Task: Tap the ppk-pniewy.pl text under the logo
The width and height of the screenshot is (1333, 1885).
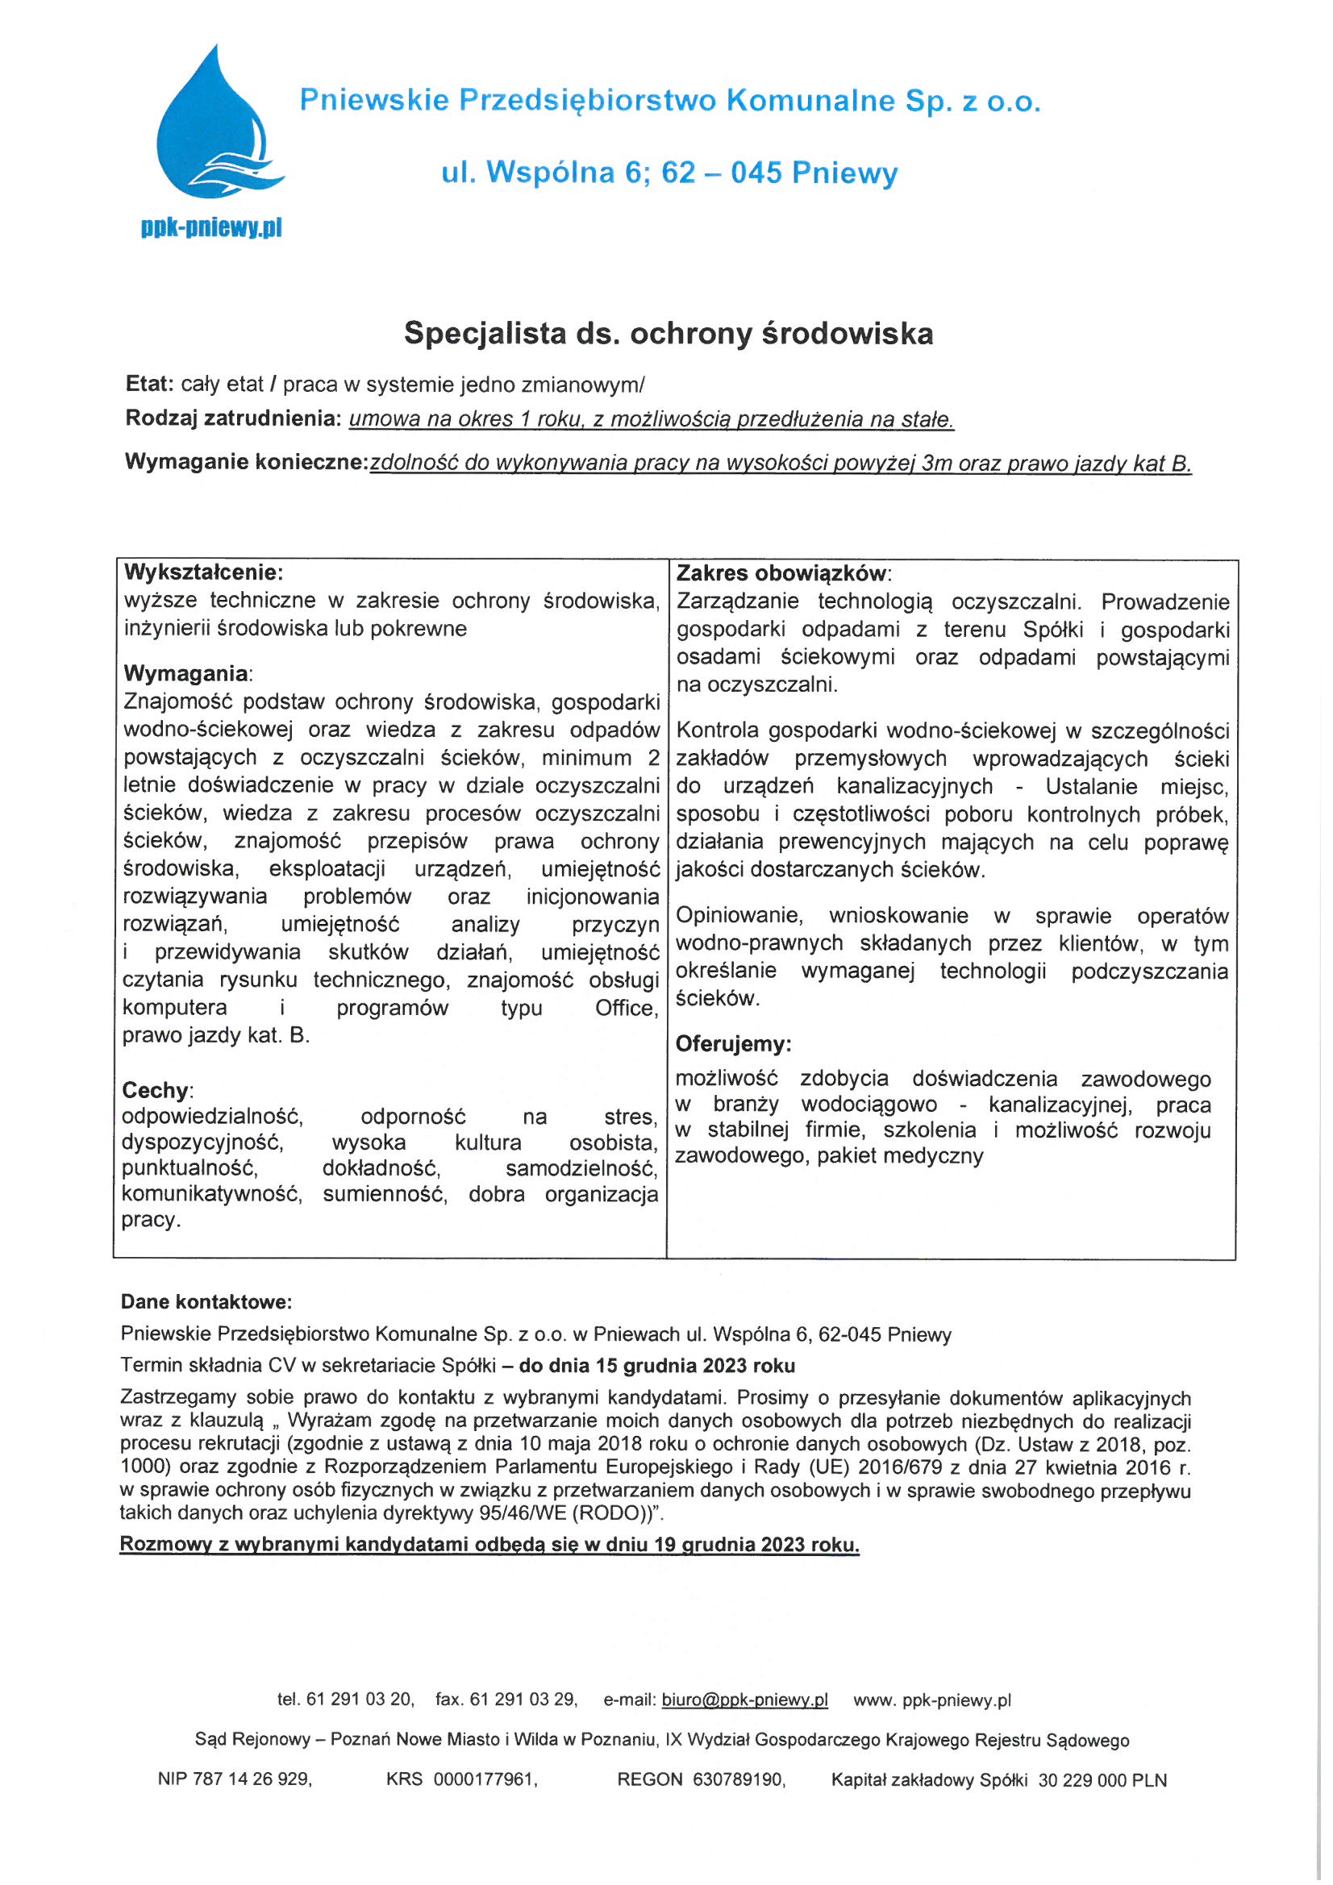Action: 212,227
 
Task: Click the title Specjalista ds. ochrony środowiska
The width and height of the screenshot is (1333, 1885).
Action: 668,333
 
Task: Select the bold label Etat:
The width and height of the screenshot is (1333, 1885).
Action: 149,384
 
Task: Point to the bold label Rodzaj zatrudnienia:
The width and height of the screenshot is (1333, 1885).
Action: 233,418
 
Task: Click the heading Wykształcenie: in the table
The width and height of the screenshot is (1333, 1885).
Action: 203,572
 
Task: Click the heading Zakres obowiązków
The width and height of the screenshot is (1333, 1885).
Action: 782,573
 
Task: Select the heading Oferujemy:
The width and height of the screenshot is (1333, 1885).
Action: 732,1043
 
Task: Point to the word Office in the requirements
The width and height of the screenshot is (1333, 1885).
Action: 627,1007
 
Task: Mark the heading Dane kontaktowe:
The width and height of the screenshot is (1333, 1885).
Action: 206,1301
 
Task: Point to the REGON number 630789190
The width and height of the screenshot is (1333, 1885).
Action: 739,1780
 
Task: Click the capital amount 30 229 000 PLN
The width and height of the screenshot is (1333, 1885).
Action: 1102,1780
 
